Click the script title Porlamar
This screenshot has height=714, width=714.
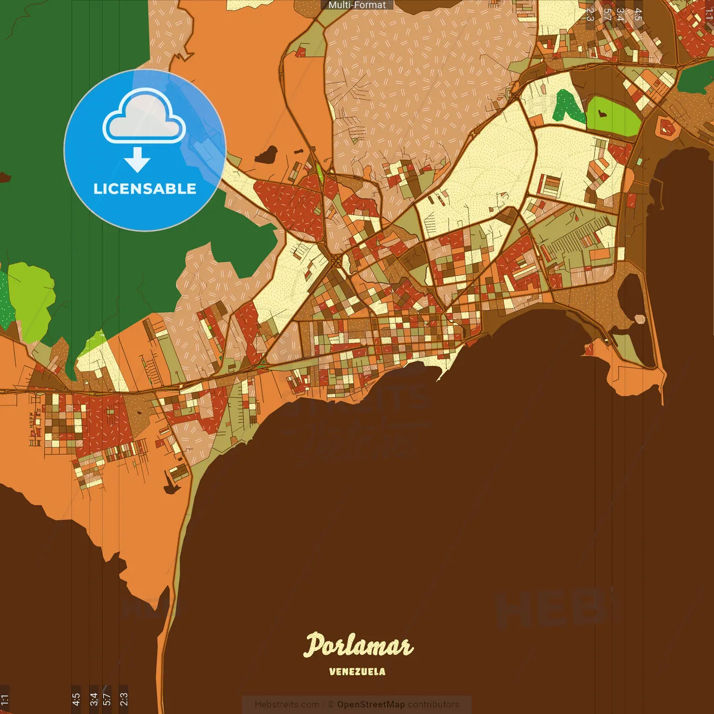358,646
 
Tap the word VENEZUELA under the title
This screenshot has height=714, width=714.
357,672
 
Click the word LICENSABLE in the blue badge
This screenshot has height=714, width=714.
144,189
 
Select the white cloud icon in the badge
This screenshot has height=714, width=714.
144,116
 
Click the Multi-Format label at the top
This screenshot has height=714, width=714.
357,5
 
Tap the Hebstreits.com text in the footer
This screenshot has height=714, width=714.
287,705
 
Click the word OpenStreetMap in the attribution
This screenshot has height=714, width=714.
370,705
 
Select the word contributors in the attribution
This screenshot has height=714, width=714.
433,705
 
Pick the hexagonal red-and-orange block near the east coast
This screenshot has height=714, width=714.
667,128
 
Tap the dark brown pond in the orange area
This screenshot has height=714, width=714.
267,154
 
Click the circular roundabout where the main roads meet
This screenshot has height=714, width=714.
336,261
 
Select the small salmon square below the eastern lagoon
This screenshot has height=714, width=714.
639,319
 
